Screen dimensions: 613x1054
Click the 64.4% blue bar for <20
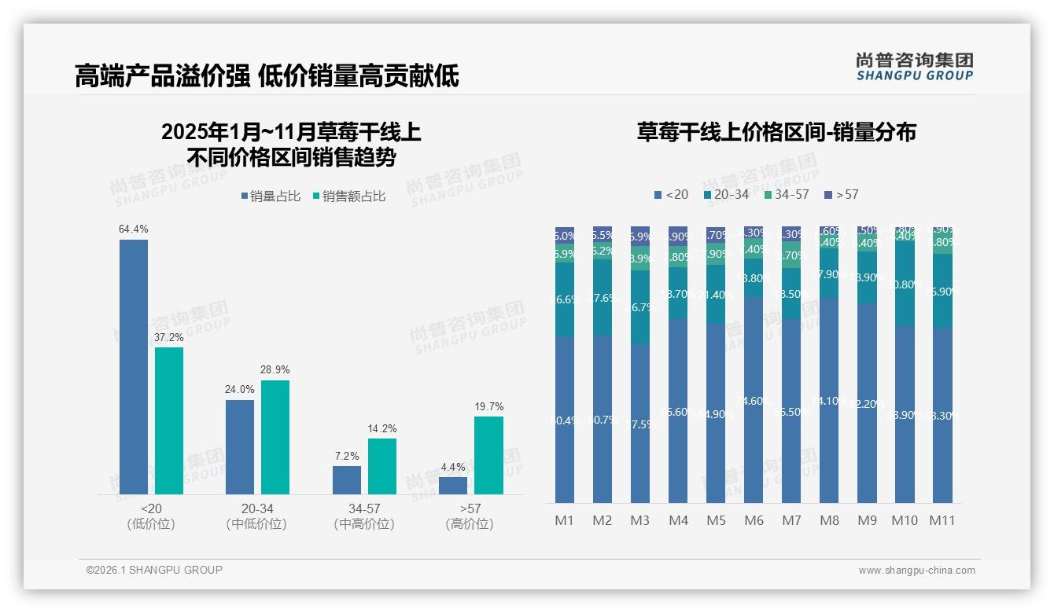134,366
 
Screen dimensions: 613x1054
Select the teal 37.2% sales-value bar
169,420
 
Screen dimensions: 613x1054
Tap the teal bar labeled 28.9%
275,437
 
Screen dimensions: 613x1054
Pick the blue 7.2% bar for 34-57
347,480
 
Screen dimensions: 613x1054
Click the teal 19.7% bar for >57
488,455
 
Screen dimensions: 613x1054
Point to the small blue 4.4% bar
453,486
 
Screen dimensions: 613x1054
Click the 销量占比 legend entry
271,196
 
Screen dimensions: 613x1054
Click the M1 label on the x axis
565,520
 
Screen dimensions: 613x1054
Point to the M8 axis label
829,520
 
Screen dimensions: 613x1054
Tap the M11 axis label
942,520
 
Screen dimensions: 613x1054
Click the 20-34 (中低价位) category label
256,516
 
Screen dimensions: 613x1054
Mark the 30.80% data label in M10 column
905,284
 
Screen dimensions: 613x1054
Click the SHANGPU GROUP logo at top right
914,67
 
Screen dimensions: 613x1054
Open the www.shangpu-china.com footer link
916,571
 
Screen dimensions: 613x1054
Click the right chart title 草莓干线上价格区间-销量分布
776,132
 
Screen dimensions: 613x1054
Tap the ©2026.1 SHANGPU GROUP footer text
154,570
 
